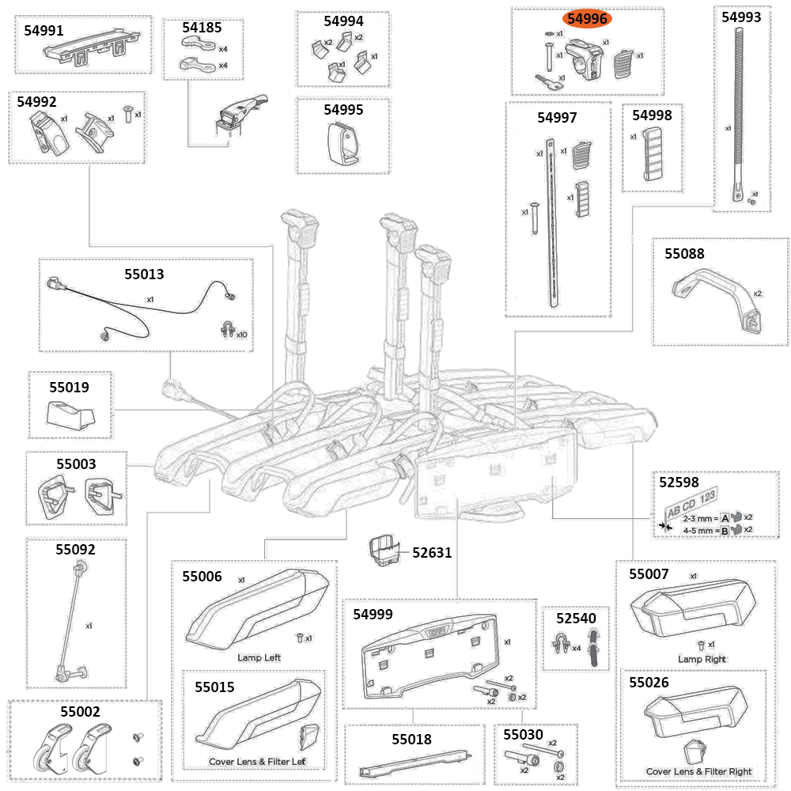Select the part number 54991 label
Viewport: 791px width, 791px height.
46,30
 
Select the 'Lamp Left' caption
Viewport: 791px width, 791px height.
259,657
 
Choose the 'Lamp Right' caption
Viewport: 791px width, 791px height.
702,659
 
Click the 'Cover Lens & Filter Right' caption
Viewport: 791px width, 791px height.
698,771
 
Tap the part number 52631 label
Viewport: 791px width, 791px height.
432,553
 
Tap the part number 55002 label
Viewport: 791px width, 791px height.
80,712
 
